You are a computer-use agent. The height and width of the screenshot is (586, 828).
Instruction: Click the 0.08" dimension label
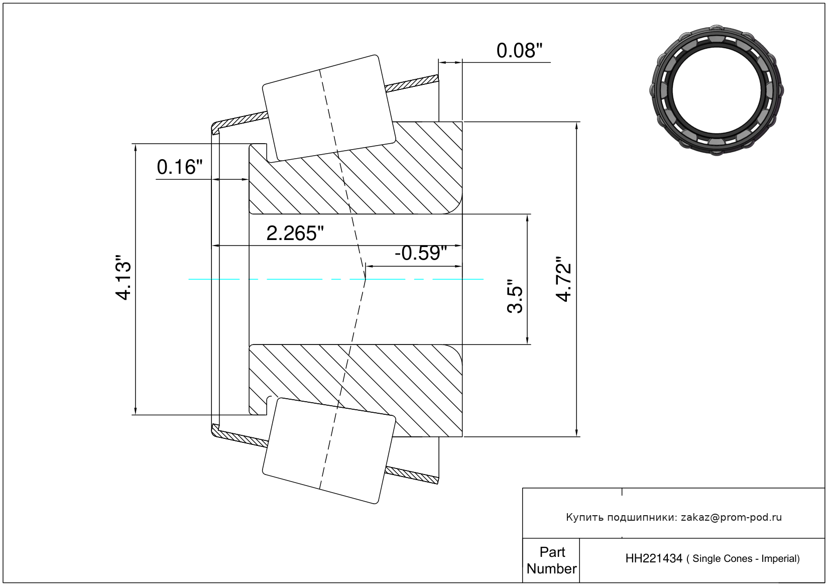[x=519, y=51]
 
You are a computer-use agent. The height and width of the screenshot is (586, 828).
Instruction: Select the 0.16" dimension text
[x=180, y=167]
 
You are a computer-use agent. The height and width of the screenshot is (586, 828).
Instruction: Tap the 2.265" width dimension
[x=295, y=233]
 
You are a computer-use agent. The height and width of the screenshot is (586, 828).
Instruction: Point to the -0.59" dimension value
[x=421, y=253]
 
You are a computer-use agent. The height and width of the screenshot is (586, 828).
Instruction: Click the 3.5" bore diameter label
[x=515, y=296]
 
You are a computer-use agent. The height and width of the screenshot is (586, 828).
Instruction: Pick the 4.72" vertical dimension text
[x=564, y=279]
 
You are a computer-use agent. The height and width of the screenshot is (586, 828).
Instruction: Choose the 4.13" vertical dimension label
[x=123, y=277]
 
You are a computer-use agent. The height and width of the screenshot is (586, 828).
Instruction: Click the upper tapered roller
[x=329, y=108]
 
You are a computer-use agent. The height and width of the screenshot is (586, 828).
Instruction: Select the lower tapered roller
[x=329, y=450]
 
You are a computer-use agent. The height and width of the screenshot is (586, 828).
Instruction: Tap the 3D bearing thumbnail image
[x=717, y=90]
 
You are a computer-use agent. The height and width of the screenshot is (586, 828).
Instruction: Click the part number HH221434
[x=654, y=558]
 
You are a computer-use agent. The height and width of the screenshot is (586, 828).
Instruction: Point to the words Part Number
[x=551, y=560]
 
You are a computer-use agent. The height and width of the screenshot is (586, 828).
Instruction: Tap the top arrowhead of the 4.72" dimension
[x=576, y=126]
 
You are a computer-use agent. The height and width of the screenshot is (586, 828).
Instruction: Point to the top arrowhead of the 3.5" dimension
[x=527, y=218]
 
